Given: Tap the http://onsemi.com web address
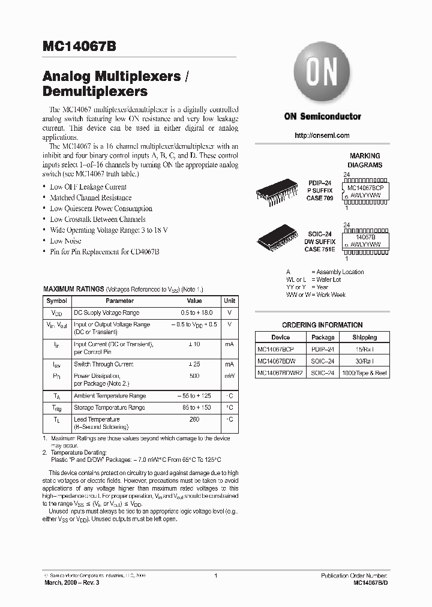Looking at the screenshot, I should click(x=322, y=136).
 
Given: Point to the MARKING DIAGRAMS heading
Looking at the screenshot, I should click(x=365, y=160).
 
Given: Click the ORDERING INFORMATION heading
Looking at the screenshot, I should click(x=322, y=324).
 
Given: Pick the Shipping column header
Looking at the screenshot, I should click(x=364, y=337).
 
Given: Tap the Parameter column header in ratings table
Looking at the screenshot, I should click(x=120, y=301).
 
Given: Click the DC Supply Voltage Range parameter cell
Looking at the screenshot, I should click(x=106, y=312).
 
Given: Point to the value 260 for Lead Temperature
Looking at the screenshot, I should click(x=194, y=419).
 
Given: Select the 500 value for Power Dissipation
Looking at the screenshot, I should click(x=194, y=375).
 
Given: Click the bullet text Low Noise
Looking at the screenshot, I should click(x=65, y=241).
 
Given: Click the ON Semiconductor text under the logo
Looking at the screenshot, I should click(x=322, y=116).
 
